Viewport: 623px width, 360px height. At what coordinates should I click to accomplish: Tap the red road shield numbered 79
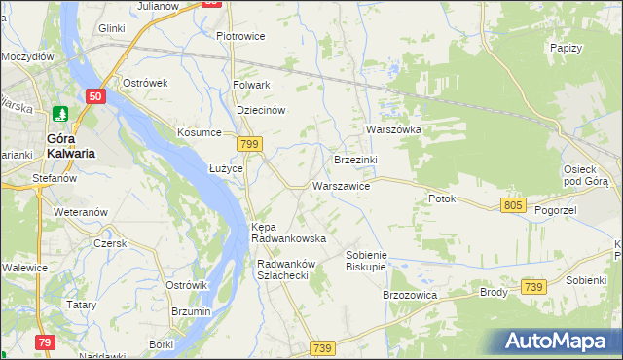45,342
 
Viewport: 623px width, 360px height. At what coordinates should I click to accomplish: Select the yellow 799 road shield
250,144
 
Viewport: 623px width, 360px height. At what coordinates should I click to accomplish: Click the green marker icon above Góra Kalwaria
61,115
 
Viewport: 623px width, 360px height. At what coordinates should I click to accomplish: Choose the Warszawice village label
341,185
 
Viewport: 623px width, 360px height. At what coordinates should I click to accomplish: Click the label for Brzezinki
355,160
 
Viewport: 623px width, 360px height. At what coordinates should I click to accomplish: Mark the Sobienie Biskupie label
366,260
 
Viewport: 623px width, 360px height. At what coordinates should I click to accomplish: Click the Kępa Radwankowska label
288,233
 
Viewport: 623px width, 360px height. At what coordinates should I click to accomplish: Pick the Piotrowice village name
240,37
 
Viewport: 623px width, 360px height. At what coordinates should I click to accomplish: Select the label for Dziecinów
261,110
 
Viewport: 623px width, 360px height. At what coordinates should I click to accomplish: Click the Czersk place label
110,243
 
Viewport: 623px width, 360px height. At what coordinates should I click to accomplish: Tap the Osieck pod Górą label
586,175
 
